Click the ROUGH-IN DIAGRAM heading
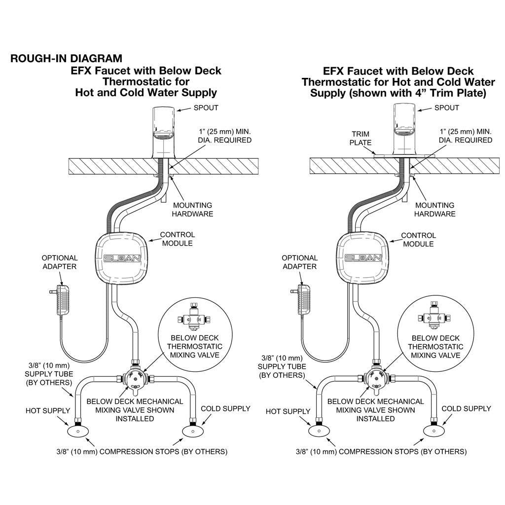point(66,59)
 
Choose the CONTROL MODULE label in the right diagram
point(418,240)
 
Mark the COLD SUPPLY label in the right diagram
point(466,408)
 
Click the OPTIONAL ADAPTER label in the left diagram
point(59,262)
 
